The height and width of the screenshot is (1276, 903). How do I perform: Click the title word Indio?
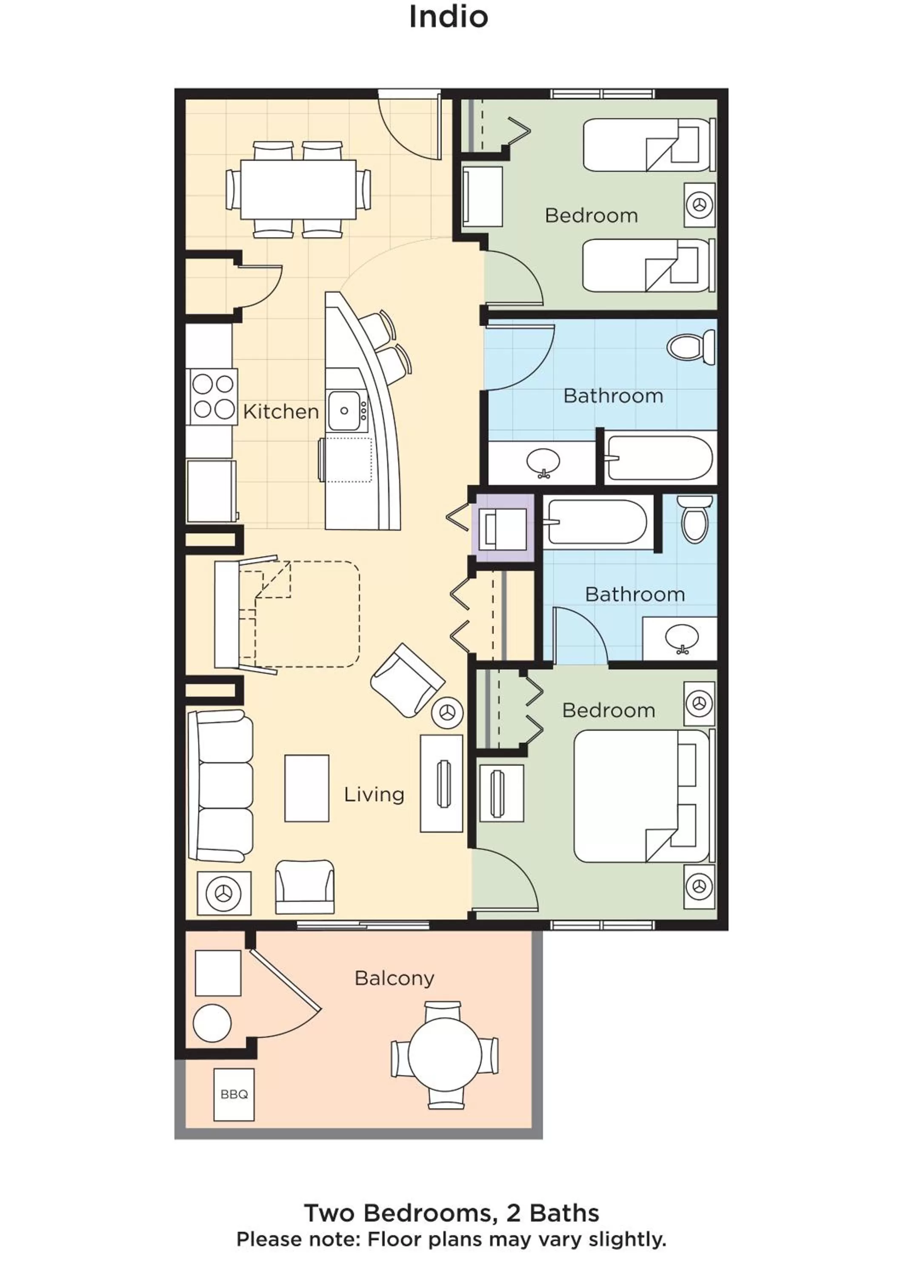coord(448,17)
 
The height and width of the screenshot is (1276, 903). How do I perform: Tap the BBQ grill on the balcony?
coord(234,1094)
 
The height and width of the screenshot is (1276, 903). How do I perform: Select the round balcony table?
coord(445,1054)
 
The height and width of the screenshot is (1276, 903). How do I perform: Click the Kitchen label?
coord(281,412)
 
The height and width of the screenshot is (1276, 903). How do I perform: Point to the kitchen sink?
coord(344,411)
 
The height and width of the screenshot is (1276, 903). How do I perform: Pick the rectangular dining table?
coord(298,190)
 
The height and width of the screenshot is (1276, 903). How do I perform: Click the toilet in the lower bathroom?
coord(694,518)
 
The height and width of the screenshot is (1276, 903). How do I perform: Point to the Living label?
coord(374,794)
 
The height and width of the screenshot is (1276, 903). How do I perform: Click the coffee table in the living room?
coord(306,788)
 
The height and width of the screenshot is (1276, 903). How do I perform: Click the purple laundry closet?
coord(503,527)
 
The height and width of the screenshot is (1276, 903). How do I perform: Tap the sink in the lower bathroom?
coord(682,638)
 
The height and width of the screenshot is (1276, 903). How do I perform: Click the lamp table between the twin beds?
coord(699,205)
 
